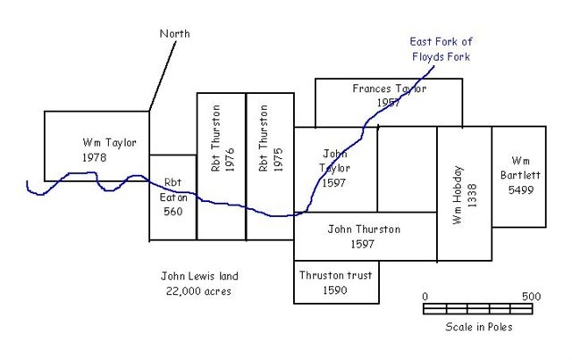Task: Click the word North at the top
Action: coord(174,34)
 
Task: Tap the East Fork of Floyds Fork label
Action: coord(440,49)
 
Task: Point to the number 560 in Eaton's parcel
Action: coord(172,212)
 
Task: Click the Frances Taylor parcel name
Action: coord(389,89)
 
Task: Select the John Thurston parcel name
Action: coord(363,229)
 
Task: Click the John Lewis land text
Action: coord(199,276)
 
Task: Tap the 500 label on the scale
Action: coord(531,296)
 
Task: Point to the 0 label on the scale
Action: coord(425,296)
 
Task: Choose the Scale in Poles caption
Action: coord(479,326)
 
